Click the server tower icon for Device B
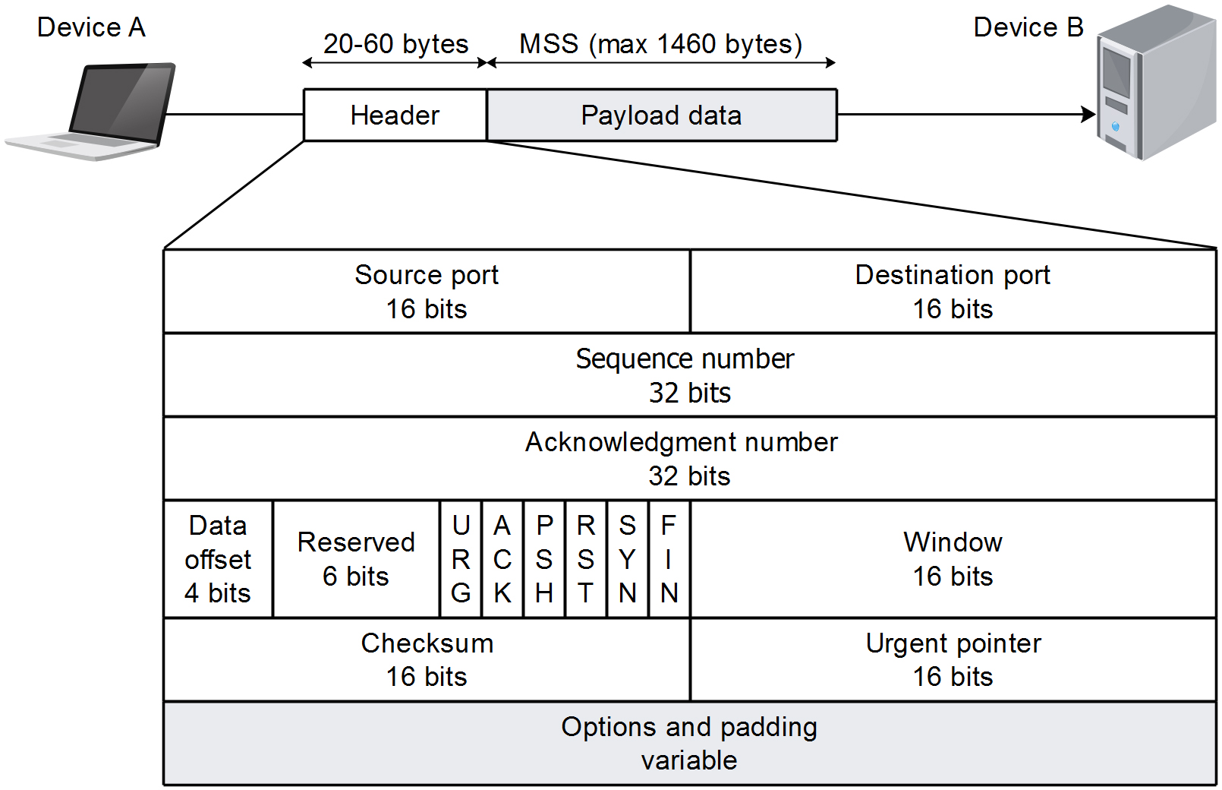click(x=1155, y=84)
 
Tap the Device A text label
click(x=91, y=27)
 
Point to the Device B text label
click(x=1028, y=27)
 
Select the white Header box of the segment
click(x=395, y=115)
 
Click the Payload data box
click(x=661, y=115)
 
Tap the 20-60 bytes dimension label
click(x=395, y=44)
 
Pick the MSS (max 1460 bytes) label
click(x=660, y=44)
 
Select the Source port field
click(x=427, y=292)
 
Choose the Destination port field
click(x=953, y=292)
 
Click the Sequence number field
click(x=689, y=375)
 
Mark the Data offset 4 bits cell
click(x=218, y=559)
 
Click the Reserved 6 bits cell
click(x=356, y=559)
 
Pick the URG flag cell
click(x=461, y=559)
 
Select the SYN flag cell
click(x=627, y=559)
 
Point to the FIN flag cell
click(x=669, y=559)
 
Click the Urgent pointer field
click(x=953, y=659)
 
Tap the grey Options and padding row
click(x=689, y=743)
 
